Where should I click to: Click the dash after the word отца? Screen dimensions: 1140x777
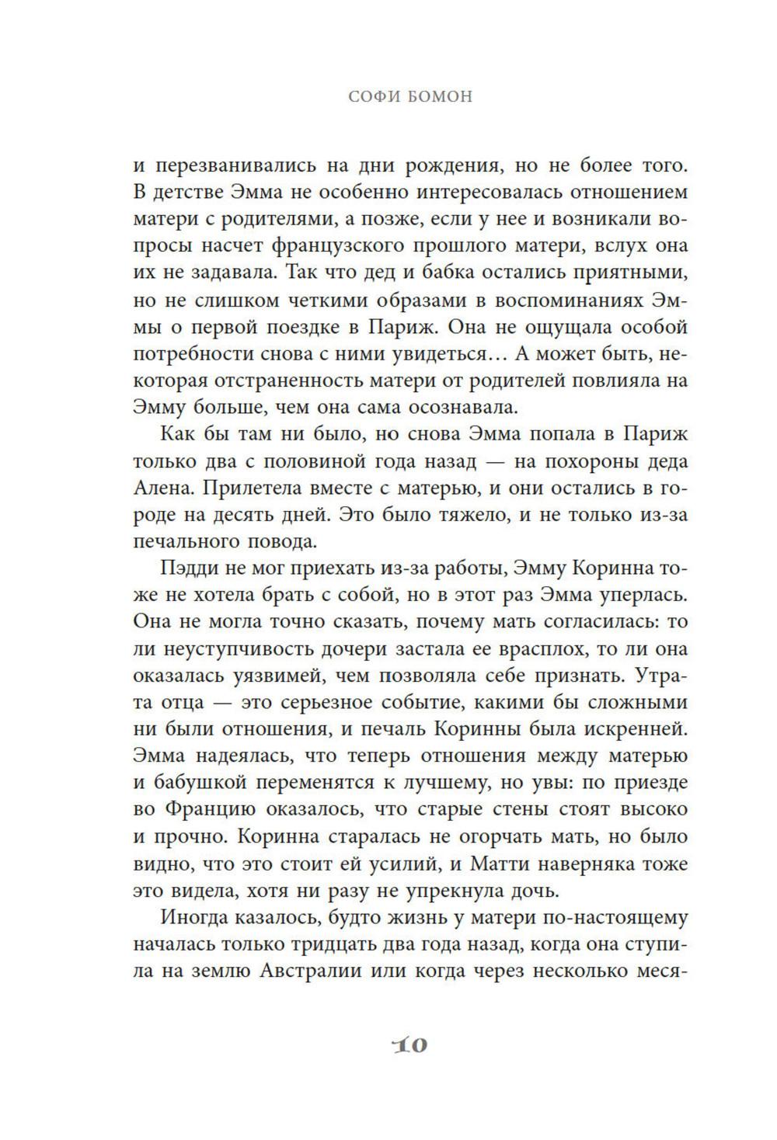234,703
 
